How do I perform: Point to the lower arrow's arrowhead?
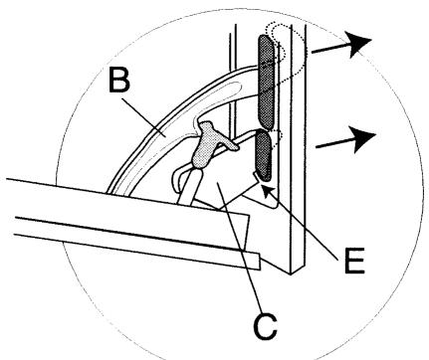(x=365, y=136)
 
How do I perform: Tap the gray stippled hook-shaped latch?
(x=207, y=149)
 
